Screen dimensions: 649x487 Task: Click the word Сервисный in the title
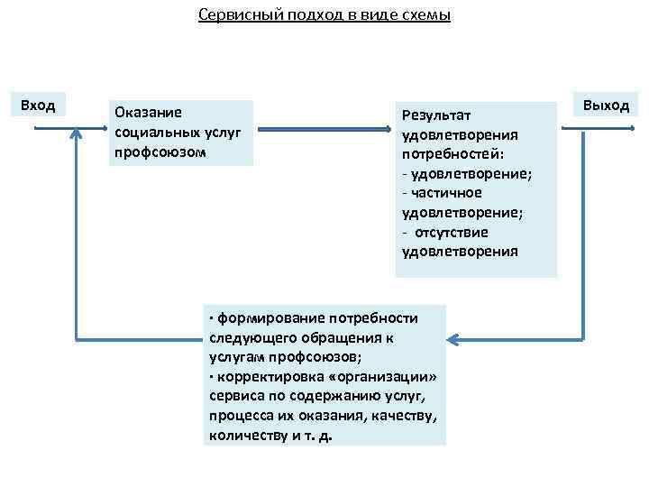(231, 15)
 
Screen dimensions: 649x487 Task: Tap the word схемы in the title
(426, 15)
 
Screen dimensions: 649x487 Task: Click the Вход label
(38, 106)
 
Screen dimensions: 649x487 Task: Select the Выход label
(606, 105)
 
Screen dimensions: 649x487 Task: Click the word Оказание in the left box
(148, 113)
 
